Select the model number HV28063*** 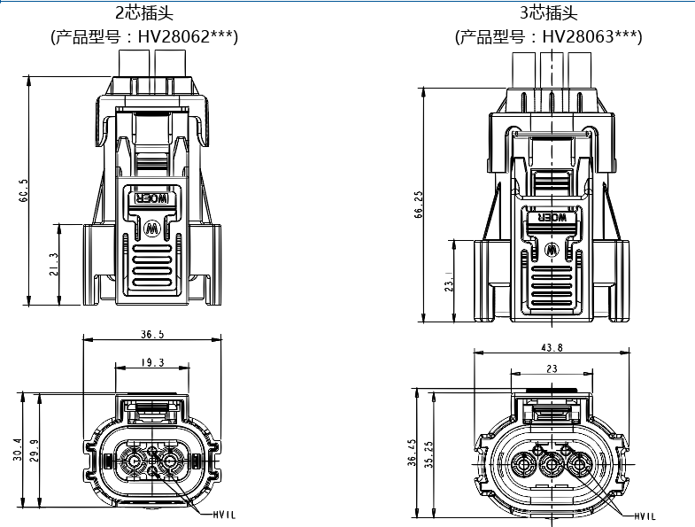pos(592,36)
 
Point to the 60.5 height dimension pos(24,191)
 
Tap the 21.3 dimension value pos(54,264)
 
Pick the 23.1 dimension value pos(449,281)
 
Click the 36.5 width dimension pos(152,335)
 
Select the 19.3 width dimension pos(152,362)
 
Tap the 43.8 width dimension pos(552,348)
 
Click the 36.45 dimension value pos(411,452)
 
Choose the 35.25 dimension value pos(429,452)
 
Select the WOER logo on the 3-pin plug pos(552,217)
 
